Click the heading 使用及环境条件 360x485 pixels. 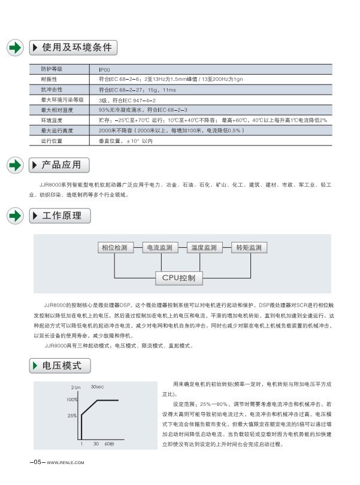click(76, 47)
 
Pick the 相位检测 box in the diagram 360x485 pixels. click(114, 248)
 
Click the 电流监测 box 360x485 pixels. click(159, 248)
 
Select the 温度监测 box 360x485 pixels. click(204, 248)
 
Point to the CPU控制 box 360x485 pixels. click(179, 278)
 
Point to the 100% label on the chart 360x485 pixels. click(72, 399)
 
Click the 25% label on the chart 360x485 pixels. click(72, 415)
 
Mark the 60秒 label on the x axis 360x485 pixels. click(109, 444)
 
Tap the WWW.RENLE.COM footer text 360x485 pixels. click(65, 462)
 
